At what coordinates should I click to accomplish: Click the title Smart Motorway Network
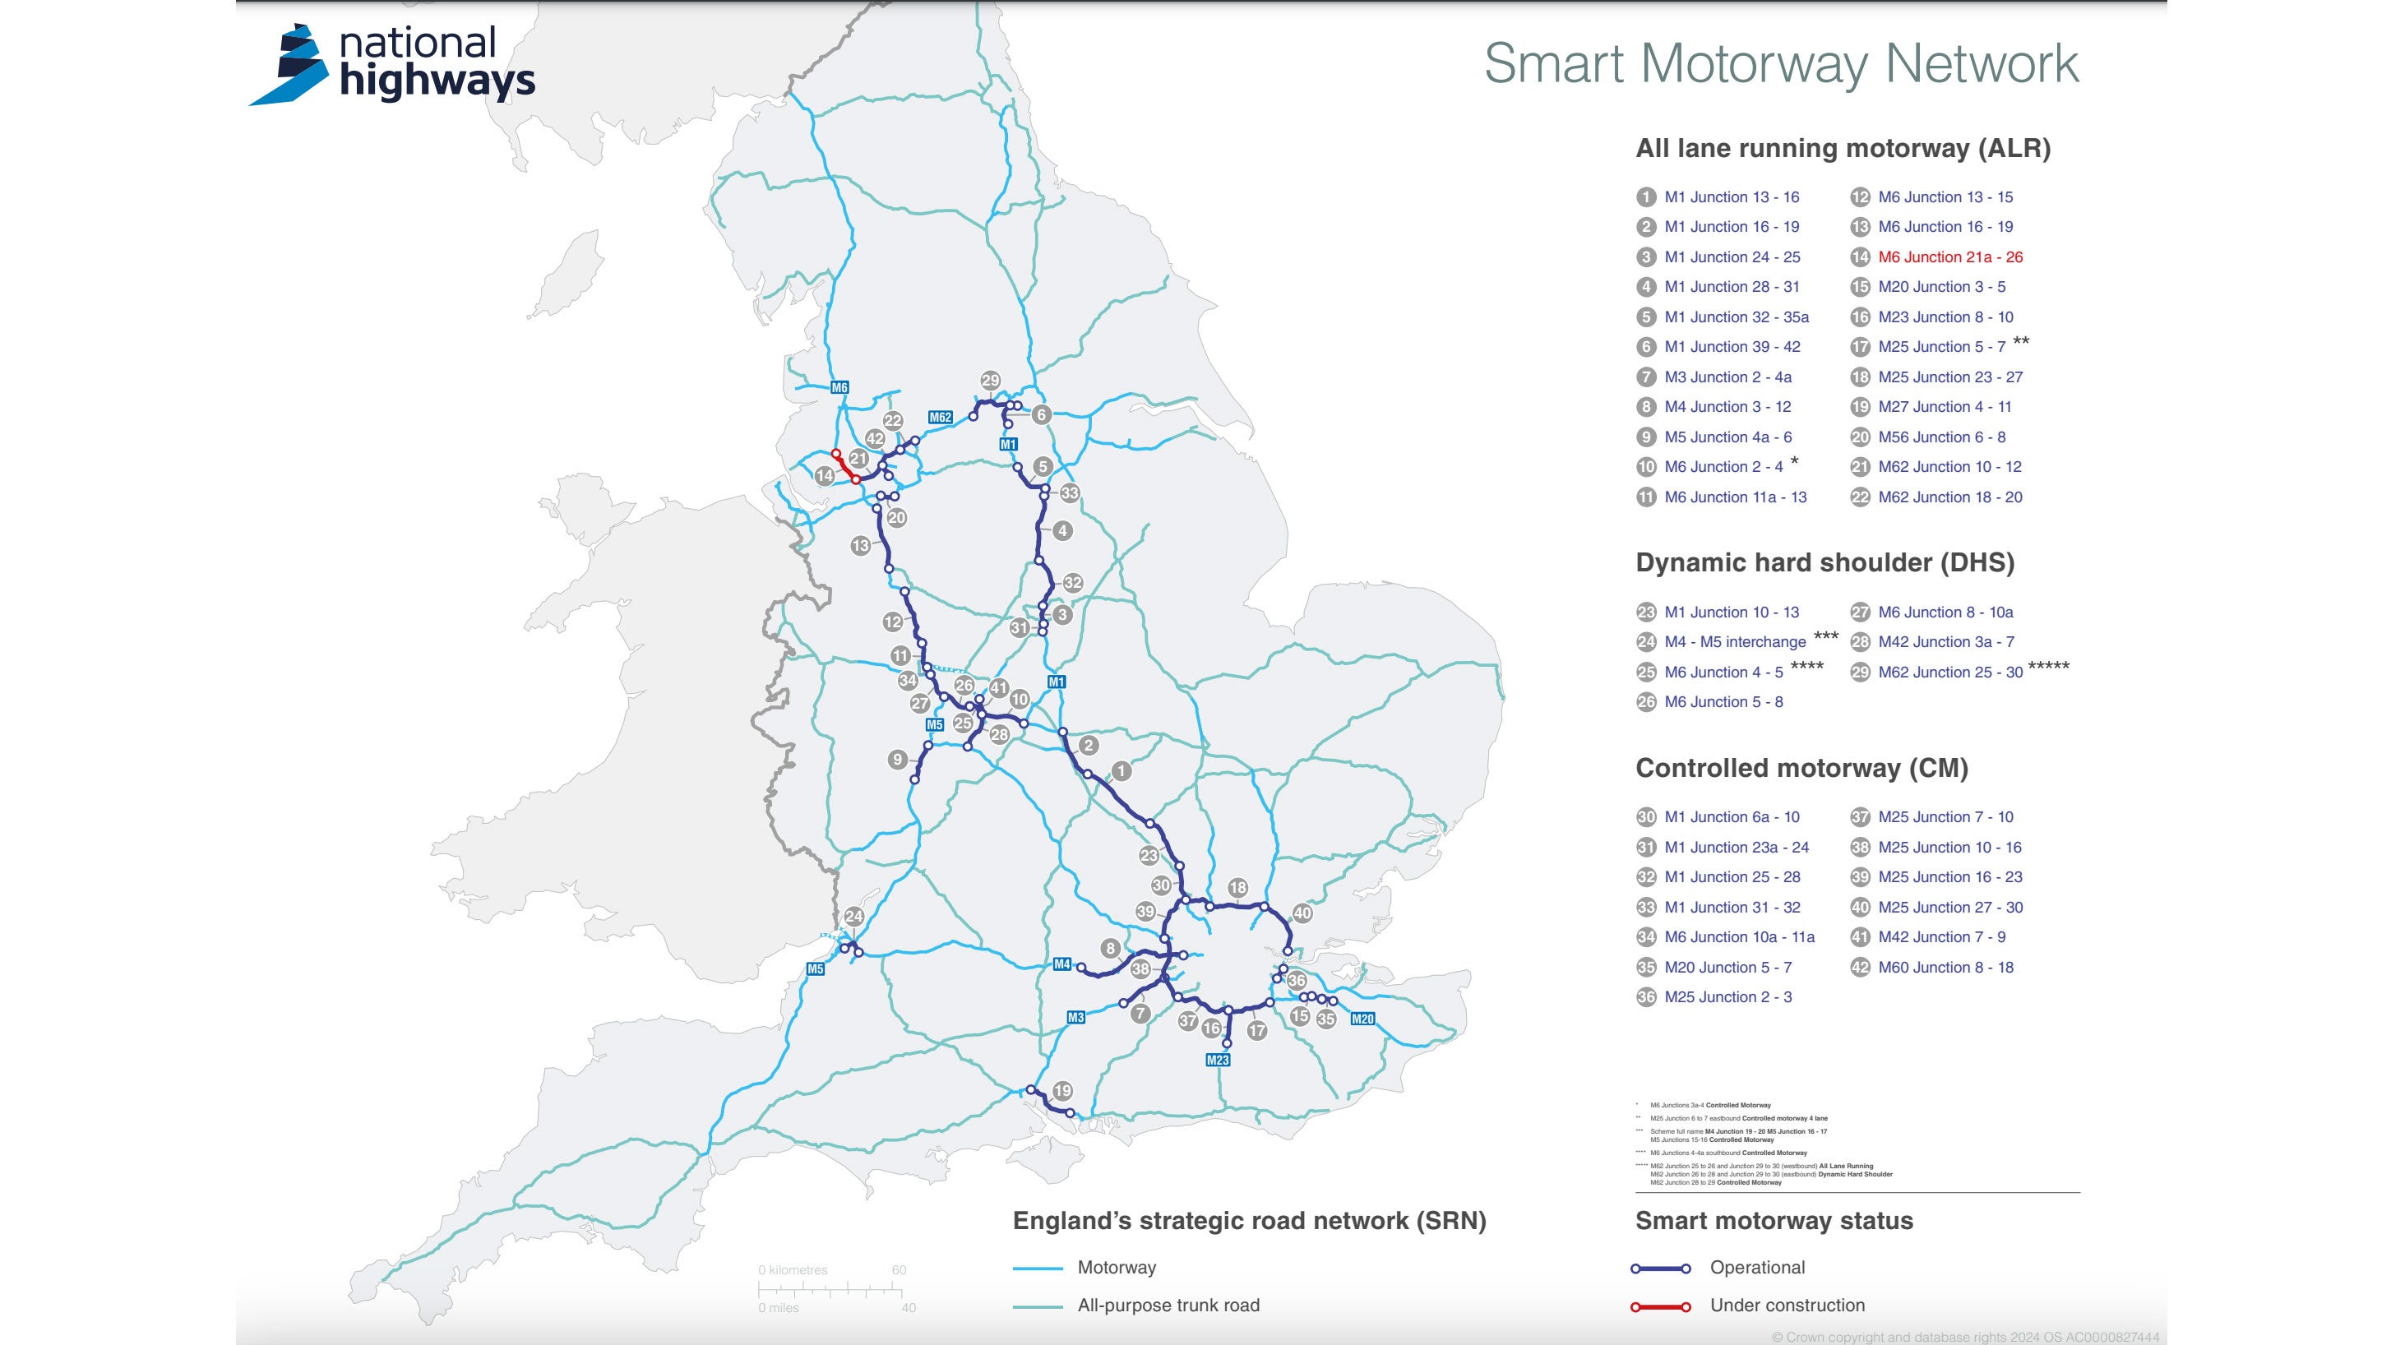pos(1780,64)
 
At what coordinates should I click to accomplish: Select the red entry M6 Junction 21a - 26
pos(1949,257)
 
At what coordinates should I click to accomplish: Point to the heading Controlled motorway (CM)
pos(1801,768)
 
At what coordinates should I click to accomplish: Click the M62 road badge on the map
pos(941,418)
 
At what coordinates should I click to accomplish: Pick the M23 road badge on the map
pos(1217,1060)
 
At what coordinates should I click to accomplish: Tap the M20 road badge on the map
pos(1362,1019)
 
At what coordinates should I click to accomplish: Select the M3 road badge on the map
pos(1075,1017)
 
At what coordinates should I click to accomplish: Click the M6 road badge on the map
pos(839,388)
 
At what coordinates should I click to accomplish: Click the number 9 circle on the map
pos(896,760)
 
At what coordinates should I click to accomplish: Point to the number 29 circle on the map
pos(991,381)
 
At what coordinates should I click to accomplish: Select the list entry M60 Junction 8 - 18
pos(1945,967)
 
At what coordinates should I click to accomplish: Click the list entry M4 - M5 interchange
pos(1734,641)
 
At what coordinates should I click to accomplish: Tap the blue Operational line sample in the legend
pos(1661,1268)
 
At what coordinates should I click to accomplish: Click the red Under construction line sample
pos(1661,1307)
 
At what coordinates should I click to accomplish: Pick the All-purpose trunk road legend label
pos(1168,1305)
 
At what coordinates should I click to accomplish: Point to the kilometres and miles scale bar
pos(830,1289)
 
